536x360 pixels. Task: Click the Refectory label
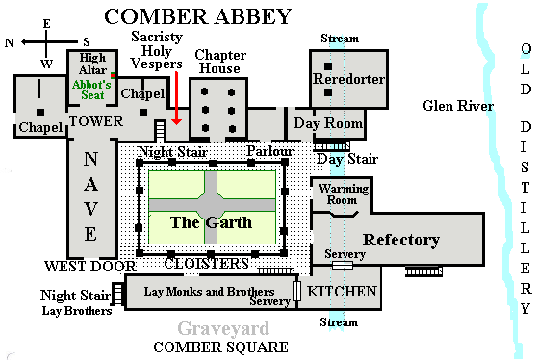[x=400, y=240]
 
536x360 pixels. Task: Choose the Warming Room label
[x=344, y=193]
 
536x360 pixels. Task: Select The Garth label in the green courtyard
[x=211, y=222]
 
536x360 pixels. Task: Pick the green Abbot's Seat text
[x=92, y=90]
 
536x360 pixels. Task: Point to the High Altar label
[x=90, y=64]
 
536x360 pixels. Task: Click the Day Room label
[x=328, y=124]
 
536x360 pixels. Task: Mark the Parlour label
[x=268, y=152]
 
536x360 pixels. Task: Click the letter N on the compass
[x=10, y=42]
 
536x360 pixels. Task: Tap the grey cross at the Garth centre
[x=212, y=207]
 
